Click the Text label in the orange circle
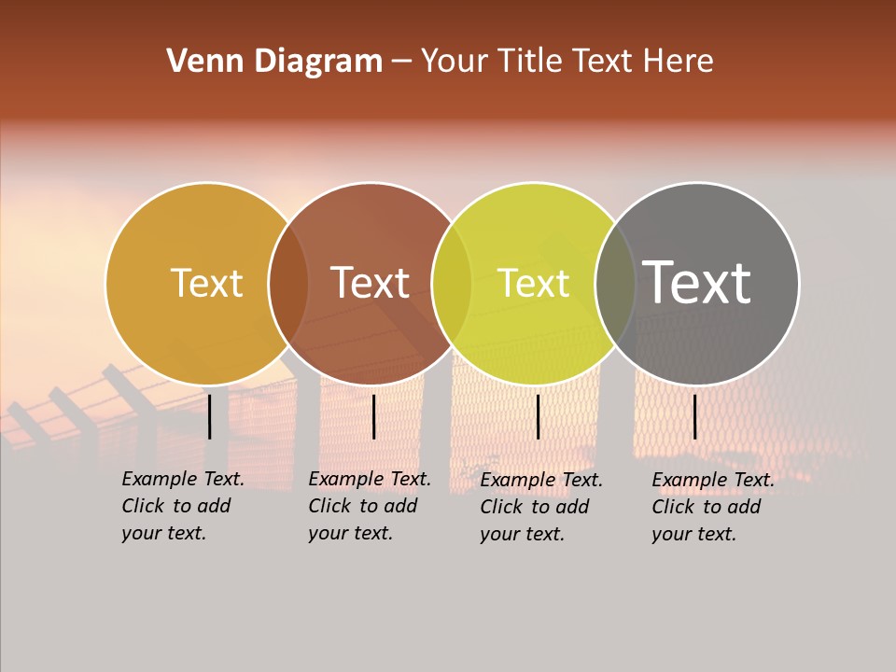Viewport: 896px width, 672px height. point(207,283)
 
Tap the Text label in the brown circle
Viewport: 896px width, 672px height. point(371,283)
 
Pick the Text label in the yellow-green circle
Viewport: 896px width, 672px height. point(534,283)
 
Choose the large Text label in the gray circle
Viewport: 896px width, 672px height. point(697,283)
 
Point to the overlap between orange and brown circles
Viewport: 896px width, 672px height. point(288,284)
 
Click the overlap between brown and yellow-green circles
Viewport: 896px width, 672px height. point(452,284)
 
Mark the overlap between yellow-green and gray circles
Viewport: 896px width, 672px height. point(615,284)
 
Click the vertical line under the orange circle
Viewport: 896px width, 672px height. point(210,416)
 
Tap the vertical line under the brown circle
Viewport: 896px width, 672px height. point(373,416)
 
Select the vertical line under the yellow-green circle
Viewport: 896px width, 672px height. point(538,416)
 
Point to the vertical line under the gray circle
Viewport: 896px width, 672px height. point(694,416)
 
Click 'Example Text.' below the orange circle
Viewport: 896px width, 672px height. point(183,479)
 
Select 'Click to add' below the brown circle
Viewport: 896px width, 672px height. point(363,506)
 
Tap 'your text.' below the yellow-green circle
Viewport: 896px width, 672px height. point(522,534)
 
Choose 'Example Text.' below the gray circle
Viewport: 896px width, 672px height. point(713,480)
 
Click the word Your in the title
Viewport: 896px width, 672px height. point(455,62)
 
